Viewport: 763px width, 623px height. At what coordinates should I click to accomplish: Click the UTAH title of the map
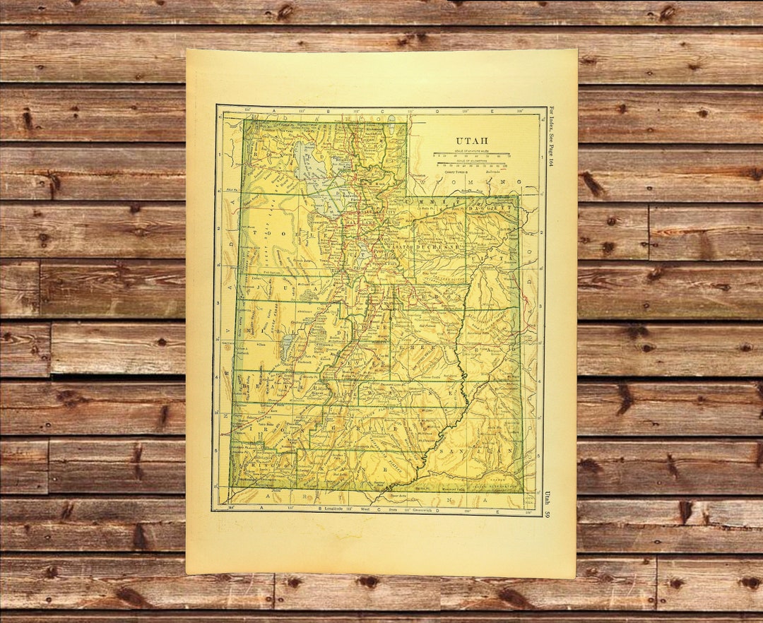[472, 141]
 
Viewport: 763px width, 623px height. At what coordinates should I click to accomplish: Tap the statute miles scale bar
[472, 155]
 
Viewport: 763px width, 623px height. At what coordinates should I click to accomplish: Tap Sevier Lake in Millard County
[286, 349]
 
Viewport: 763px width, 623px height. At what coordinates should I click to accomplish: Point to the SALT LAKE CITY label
[367, 212]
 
